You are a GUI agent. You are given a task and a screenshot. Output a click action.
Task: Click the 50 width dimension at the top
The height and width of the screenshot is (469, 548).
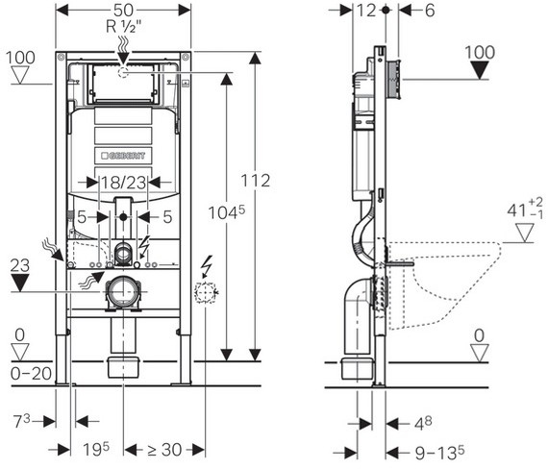coord(123,11)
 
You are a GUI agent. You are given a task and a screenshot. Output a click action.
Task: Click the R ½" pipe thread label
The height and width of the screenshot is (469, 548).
coord(124,26)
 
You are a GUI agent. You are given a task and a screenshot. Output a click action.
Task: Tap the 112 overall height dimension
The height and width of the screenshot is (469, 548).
coord(256,181)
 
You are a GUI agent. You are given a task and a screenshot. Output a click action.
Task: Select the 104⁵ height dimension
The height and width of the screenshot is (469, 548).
coord(227,212)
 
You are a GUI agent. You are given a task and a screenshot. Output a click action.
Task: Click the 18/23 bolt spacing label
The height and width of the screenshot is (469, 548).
coord(123,183)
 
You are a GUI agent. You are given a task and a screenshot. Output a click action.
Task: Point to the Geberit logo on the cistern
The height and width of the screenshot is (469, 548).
coord(123,156)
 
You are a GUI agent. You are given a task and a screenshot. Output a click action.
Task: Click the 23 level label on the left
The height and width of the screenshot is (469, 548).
coord(19,265)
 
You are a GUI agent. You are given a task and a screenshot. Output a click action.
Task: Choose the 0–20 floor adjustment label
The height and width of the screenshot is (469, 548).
coord(31,374)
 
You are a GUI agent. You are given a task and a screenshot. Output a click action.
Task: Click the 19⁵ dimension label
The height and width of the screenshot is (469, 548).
coord(96,449)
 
